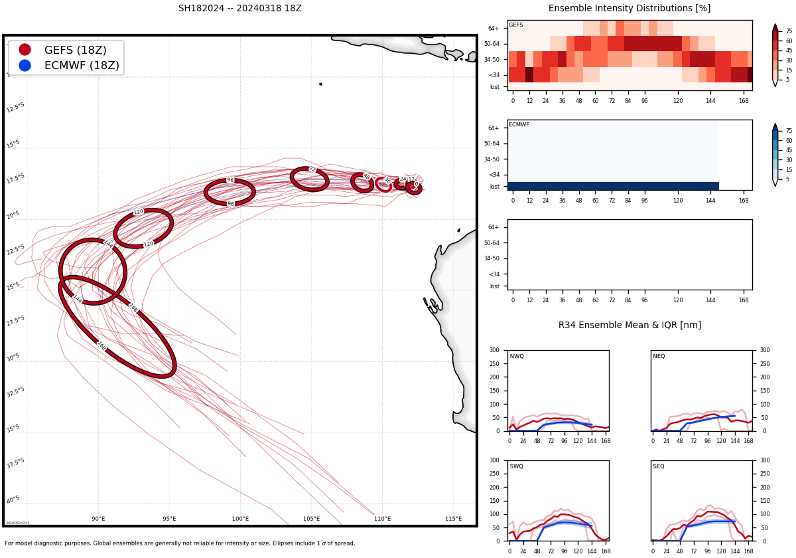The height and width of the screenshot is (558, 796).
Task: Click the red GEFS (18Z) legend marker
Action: [25, 50]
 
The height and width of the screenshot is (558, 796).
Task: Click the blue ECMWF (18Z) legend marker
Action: [25, 65]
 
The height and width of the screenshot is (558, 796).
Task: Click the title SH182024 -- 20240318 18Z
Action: [239, 9]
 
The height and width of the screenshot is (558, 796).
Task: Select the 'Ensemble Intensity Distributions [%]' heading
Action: [629, 9]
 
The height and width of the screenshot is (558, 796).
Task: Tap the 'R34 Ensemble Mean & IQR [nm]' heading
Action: [629, 325]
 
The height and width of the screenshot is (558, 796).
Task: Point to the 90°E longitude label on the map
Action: [98, 519]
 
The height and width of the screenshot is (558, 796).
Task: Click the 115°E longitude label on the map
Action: [453, 519]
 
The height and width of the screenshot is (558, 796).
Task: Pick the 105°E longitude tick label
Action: [311, 519]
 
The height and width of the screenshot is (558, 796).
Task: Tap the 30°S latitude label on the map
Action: [13, 357]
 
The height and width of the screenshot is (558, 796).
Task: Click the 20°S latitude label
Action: [13, 215]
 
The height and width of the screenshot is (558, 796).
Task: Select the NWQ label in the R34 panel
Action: [517, 357]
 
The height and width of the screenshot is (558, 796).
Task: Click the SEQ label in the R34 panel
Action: [659, 467]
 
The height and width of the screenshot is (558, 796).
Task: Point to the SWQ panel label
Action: [517, 467]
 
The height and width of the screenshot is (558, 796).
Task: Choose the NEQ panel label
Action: [659, 357]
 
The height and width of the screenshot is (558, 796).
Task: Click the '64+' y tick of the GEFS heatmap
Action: [494, 29]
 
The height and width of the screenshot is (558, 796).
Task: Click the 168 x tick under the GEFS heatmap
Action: [744, 100]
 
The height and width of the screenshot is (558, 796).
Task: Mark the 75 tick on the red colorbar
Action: [789, 31]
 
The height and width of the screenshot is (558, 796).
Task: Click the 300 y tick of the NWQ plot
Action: [494, 350]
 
